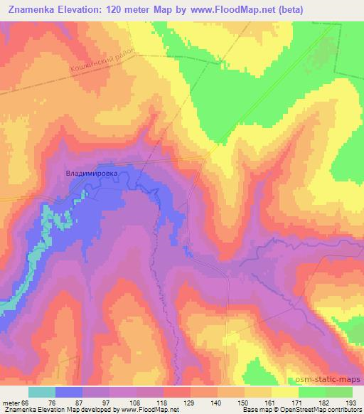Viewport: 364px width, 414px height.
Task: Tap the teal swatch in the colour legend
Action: (x=42, y=392)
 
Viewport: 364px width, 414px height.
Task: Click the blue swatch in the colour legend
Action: (x=69, y=392)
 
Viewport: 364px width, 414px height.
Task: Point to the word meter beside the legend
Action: (x=10, y=402)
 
